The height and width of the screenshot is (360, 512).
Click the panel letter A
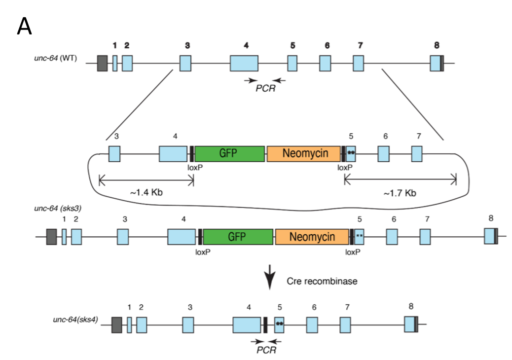coord(24,27)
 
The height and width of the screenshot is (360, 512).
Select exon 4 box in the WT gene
coord(244,65)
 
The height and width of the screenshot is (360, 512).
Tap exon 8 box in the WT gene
coord(435,65)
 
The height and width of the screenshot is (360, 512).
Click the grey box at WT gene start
coord(102,64)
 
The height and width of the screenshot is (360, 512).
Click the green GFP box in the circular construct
coord(230,153)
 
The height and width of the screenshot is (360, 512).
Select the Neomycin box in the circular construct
coord(304,153)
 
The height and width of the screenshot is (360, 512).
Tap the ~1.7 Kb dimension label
coord(400,193)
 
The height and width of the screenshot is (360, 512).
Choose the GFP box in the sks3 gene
coord(239,237)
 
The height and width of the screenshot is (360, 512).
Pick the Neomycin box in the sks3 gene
coord(312,237)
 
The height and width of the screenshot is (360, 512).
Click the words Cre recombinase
coord(322,281)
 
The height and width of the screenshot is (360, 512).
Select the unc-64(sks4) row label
coord(75,319)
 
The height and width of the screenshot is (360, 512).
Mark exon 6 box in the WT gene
coord(325,65)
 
